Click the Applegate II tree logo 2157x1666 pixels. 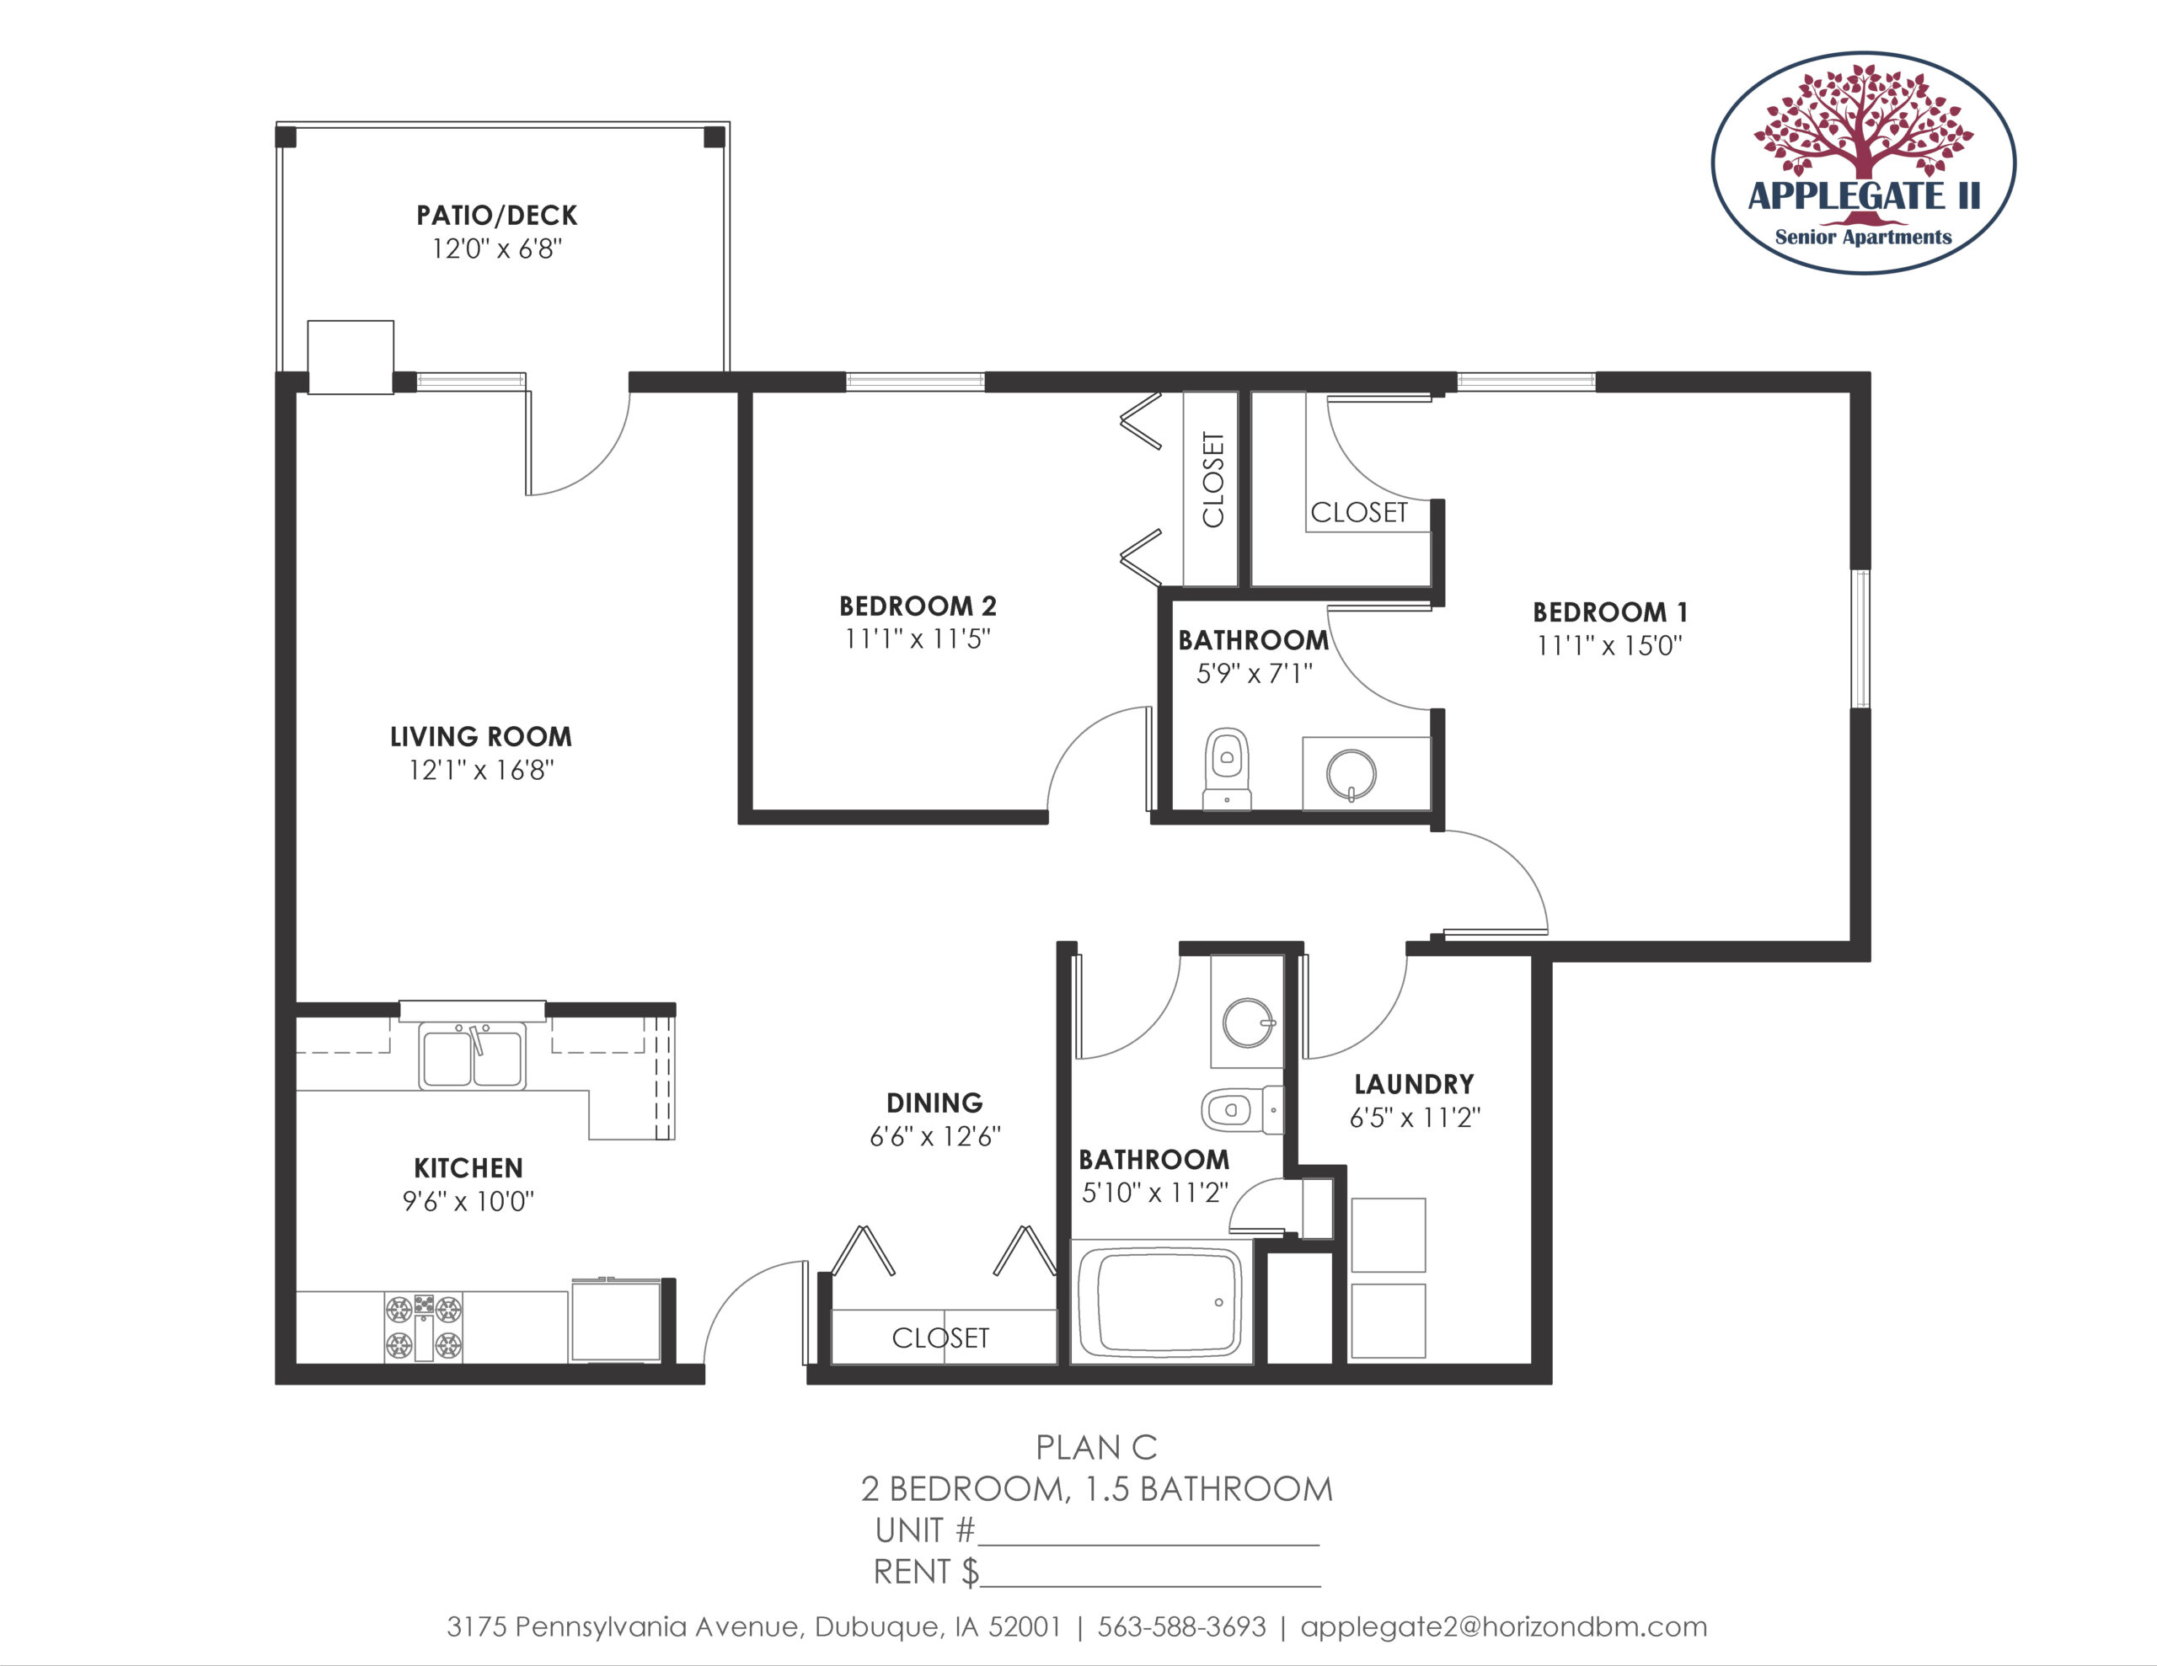pyautogui.click(x=1863, y=163)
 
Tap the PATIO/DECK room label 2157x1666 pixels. pyautogui.click(x=497, y=216)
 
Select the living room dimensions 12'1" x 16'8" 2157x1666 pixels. pyautogui.click(x=482, y=771)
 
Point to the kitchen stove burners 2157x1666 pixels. pyautogui.click(x=424, y=1327)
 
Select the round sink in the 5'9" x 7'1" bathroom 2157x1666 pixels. pyautogui.click(x=1351, y=774)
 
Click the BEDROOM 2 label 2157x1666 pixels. pyautogui.click(x=918, y=606)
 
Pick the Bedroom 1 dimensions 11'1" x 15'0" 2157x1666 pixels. pyautogui.click(x=1610, y=646)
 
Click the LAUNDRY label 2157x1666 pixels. pyautogui.click(x=1415, y=1084)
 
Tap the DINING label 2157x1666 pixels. pyautogui.click(x=934, y=1103)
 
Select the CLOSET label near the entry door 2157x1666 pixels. pyautogui.click(x=940, y=1338)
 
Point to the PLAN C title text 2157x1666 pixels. pyautogui.click(x=1096, y=1448)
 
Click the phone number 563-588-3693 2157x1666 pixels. pyautogui.click(x=1181, y=1627)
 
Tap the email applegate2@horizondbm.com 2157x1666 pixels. pyautogui.click(x=1503, y=1627)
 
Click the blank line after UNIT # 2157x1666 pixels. pyautogui.click(x=1148, y=1545)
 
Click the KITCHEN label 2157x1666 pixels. pyautogui.click(x=468, y=1168)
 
